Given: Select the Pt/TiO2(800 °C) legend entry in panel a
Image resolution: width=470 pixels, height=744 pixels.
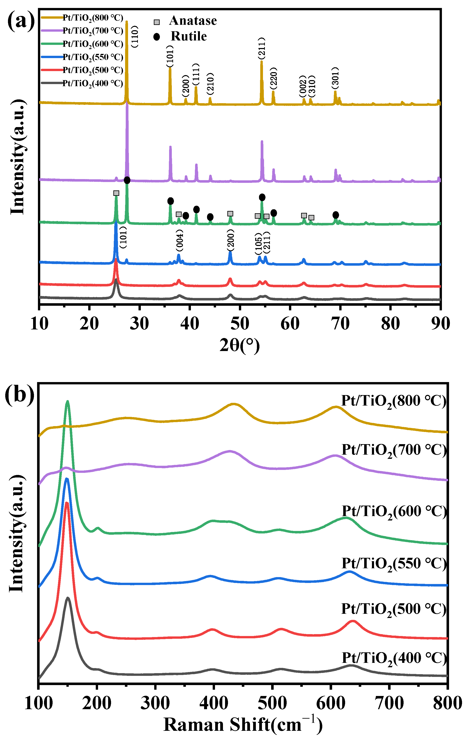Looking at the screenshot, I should (93, 18).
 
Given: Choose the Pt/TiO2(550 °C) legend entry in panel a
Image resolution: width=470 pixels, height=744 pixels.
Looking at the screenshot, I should (93, 57).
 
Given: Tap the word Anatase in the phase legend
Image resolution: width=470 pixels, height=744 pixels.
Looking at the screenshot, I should (193, 21).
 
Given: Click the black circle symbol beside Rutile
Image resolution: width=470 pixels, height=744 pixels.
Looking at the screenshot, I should (157, 37).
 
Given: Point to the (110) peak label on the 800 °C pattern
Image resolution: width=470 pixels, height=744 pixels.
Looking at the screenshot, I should (135, 36).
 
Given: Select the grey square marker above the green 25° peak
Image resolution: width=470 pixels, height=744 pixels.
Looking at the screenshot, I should (116, 193).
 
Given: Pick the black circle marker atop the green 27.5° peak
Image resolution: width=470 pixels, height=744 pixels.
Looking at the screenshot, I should (127, 180).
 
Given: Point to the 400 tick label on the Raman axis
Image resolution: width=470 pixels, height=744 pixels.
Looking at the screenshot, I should (213, 703).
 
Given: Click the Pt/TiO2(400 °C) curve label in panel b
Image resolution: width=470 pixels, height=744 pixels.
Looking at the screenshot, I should (394, 658).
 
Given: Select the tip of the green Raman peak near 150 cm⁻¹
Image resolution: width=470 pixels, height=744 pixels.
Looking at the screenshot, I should (68, 401).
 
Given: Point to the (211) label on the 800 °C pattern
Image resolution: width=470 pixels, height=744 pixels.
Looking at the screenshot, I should (262, 48).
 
